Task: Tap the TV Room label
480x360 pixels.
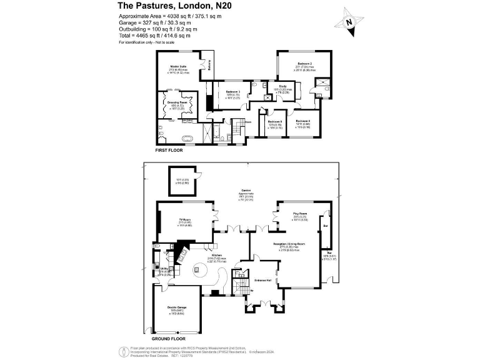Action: (x=184, y=221)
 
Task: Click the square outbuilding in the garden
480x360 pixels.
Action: (x=182, y=182)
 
